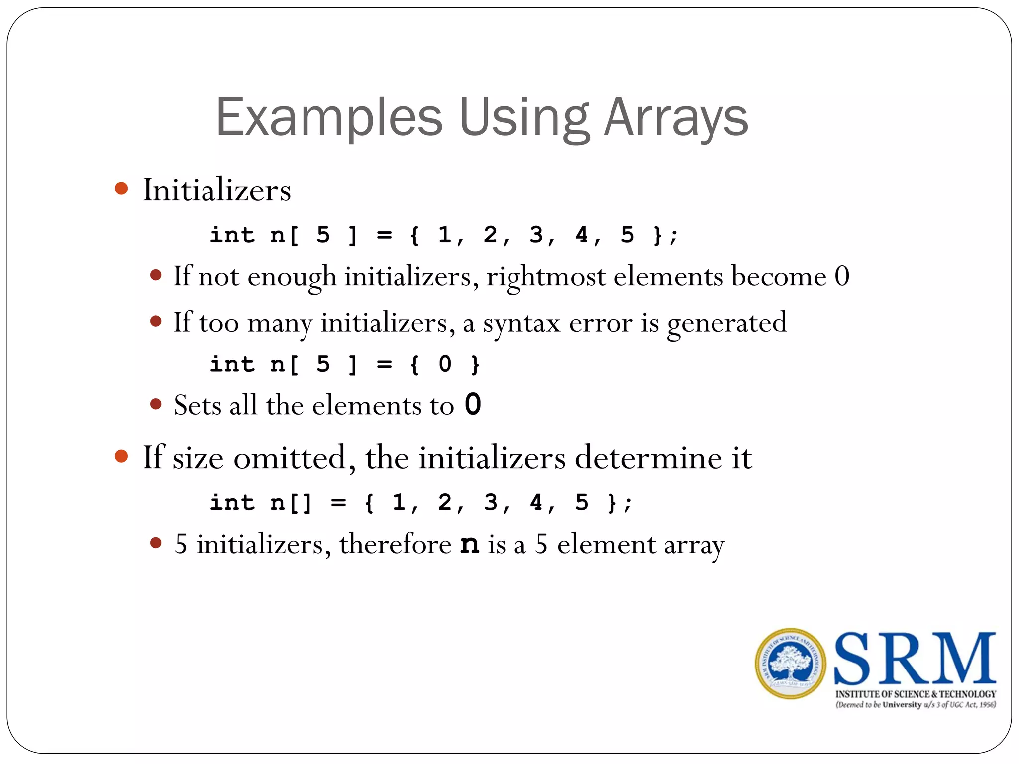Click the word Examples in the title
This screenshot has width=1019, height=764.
pos(329,118)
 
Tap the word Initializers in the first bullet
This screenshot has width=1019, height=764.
pos(217,190)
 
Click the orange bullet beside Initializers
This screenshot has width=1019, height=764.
pos(121,189)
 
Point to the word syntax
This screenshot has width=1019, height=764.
pos(521,324)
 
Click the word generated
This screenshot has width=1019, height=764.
pos(726,324)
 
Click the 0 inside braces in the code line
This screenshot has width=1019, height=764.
pos(445,364)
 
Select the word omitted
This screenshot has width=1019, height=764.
pos(290,458)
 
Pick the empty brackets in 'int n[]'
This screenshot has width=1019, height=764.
pos(301,503)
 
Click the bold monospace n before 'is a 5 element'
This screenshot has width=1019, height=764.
pos(470,544)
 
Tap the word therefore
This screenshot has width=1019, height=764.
pos(396,544)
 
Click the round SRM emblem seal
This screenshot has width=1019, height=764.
pos(790,664)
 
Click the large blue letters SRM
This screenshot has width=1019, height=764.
pos(915,659)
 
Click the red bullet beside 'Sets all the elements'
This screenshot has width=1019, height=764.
pos(156,404)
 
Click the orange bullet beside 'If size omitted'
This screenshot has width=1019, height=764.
pos(121,456)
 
